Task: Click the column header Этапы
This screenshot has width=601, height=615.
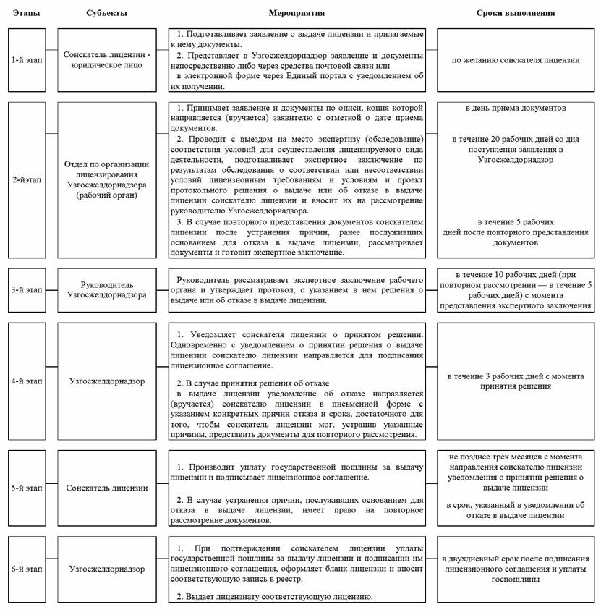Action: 26,13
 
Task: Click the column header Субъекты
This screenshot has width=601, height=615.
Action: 106,13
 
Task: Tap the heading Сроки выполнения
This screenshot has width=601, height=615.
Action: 516,13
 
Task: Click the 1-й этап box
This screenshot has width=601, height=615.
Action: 27,59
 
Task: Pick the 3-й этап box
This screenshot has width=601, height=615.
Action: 27,290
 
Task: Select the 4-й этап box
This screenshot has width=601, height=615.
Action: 27,381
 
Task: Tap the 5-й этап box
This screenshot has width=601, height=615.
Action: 27,488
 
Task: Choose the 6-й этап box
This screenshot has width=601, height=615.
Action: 27,569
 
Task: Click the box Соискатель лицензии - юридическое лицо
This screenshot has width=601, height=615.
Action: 106,59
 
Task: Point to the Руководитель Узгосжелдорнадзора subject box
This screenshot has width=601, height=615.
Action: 106,290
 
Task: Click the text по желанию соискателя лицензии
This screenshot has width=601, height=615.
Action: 516,59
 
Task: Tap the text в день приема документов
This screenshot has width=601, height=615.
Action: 516,109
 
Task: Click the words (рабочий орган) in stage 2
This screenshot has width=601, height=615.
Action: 106,195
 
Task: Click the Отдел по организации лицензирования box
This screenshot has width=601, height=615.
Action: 106,179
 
